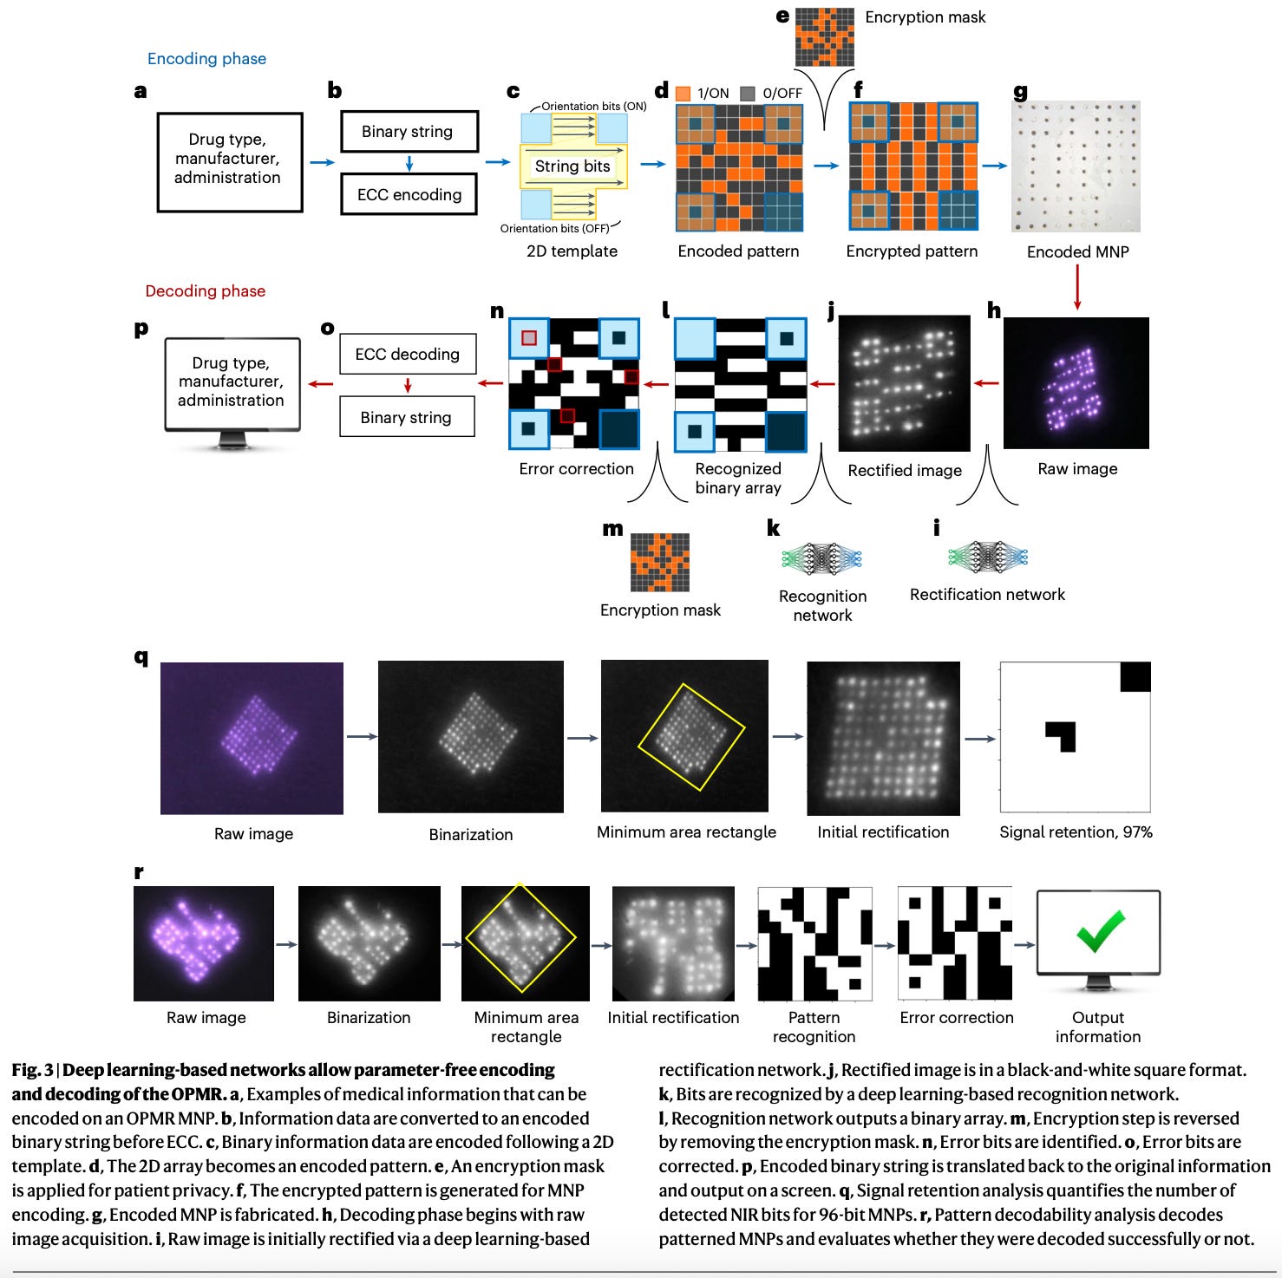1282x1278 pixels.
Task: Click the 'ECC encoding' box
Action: [x=409, y=195]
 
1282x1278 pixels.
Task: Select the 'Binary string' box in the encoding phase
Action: [x=409, y=132]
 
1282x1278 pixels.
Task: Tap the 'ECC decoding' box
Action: [x=408, y=354]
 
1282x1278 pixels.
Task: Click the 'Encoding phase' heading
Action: [x=206, y=59]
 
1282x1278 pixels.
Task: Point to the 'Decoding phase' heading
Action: [x=205, y=291]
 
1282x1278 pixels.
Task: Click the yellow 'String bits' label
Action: [x=572, y=166]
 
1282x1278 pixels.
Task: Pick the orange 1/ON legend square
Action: [x=683, y=94]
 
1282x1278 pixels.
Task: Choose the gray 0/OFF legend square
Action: [x=748, y=94]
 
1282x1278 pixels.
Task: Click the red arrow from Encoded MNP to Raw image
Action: [x=1077, y=287]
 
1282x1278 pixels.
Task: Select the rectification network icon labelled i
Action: [x=988, y=557]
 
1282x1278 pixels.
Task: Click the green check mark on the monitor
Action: [x=1100, y=929]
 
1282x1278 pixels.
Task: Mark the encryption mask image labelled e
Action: [x=824, y=37]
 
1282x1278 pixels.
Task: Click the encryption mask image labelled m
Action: [x=660, y=563]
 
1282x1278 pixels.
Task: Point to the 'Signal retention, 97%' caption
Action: [x=1076, y=832]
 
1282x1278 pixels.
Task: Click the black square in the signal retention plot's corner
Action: [x=1135, y=677]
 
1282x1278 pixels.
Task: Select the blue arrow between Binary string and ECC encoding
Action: [x=409, y=163]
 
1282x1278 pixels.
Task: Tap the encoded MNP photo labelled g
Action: [x=1076, y=166]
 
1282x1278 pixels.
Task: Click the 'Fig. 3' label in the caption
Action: [x=32, y=1070]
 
